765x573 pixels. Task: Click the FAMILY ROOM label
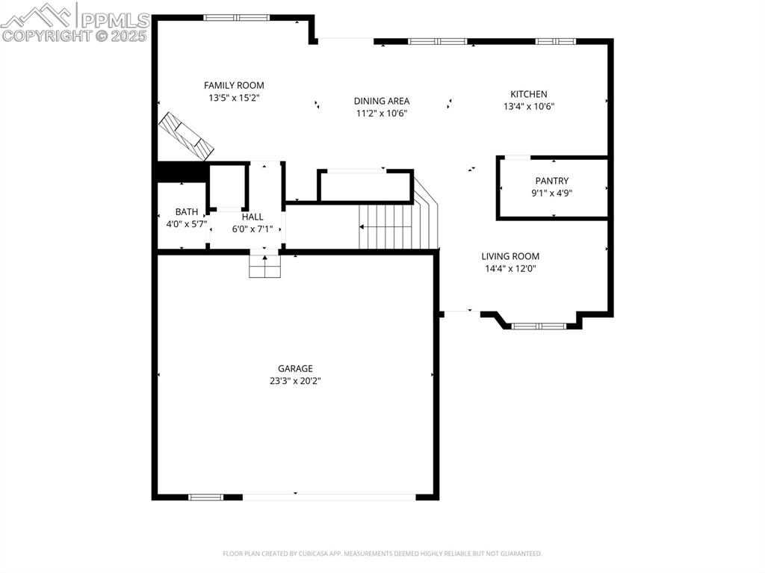[234, 85]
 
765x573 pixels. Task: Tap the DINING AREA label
[382, 101]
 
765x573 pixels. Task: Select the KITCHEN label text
[529, 94]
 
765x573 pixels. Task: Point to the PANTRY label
[552, 181]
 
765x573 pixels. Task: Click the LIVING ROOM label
[510, 256]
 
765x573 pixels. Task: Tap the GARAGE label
[295, 368]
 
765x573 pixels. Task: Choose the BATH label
[186, 212]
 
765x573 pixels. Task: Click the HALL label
[253, 217]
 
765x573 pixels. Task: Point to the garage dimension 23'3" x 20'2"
[295, 381]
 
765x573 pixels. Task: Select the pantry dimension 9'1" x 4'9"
[552, 193]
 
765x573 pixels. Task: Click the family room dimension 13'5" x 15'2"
[234, 98]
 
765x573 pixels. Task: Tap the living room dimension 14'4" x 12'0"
[510, 268]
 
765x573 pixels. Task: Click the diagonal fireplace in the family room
[186, 136]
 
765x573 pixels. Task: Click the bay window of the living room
[539, 326]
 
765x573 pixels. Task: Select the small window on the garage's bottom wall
[205, 498]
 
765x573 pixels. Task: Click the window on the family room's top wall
[237, 18]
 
